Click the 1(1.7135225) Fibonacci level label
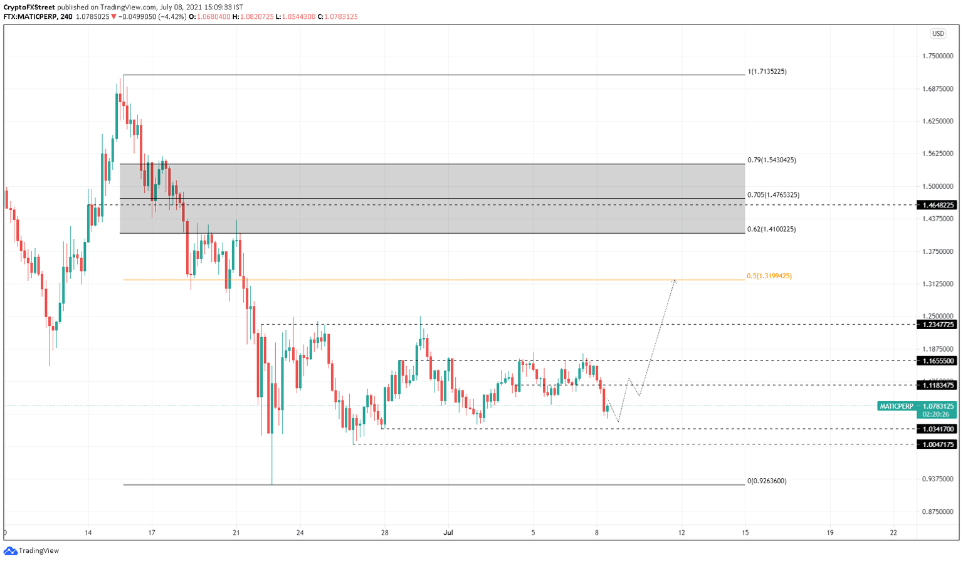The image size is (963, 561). (767, 71)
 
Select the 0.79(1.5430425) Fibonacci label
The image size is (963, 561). (771, 160)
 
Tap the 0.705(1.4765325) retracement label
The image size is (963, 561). (773, 195)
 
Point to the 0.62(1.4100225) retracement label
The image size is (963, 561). (771, 229)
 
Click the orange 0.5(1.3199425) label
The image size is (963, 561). (769, 276)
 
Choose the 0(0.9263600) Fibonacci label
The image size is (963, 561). (767, 481)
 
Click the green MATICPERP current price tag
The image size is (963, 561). (917, 406)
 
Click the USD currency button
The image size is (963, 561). (937, 34)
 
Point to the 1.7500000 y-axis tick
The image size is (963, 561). (938, 56)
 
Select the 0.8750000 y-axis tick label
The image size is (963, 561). (938, 511)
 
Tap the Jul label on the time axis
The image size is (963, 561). (448, 533)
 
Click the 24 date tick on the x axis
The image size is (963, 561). (300, 533)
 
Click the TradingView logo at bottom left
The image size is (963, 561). (31, 550)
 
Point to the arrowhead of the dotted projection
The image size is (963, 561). (675, 280)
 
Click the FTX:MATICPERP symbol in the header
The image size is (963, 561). (31, 17)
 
